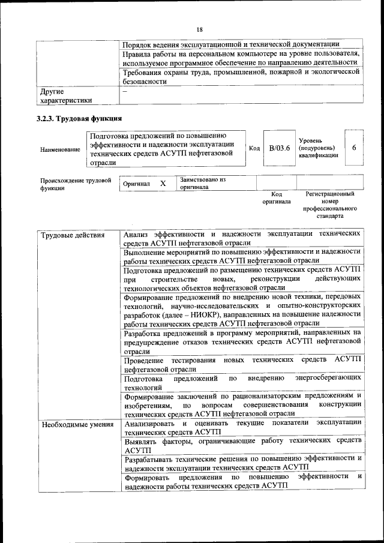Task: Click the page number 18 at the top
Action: coord(200,29)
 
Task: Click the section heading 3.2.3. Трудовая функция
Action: coord(80,118)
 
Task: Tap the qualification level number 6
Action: coord(354,148)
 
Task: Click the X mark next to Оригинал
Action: coord(163,183)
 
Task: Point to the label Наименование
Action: coord(60,149)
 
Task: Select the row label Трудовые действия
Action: coord(64,235)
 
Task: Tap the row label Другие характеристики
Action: coord(66,96)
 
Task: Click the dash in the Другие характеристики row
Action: coord(125,91)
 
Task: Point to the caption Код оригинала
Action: coord(277,198)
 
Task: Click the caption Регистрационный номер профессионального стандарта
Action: coord(329,205)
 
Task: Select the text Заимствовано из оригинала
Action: coord(202,183)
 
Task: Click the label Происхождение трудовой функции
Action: coord(76,184)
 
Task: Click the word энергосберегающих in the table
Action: coord(328,378)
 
